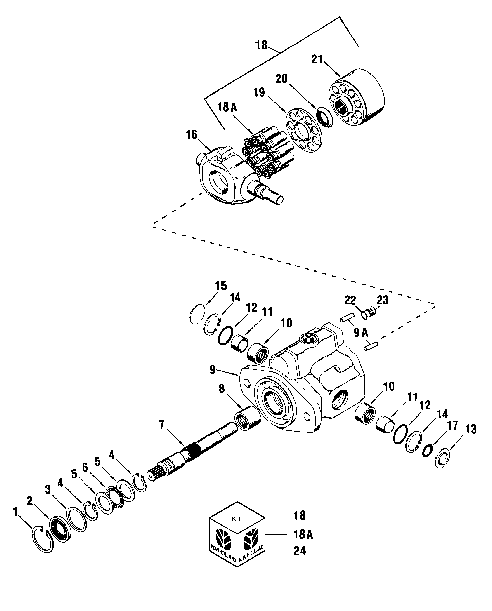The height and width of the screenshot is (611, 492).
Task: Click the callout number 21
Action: [x=317, y=59]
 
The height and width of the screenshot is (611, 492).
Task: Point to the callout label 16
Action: [x=192, y=135]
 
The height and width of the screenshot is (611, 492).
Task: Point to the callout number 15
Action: [x=221, y=285]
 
